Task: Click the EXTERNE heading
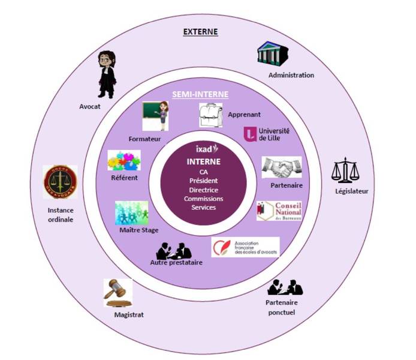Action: [x=200, y=31]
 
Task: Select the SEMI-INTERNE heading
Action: [x=201, y=95]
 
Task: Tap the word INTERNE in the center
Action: [x=203, y=161]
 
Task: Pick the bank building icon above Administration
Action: [x=274, y=55]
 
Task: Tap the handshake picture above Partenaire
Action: [x=282, y=167]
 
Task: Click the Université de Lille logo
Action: [x=259, y=134]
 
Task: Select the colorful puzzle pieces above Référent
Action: [x=124, y=161]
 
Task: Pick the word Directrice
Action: [x=203, y=190]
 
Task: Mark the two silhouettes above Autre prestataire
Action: [x=173, y=250]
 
